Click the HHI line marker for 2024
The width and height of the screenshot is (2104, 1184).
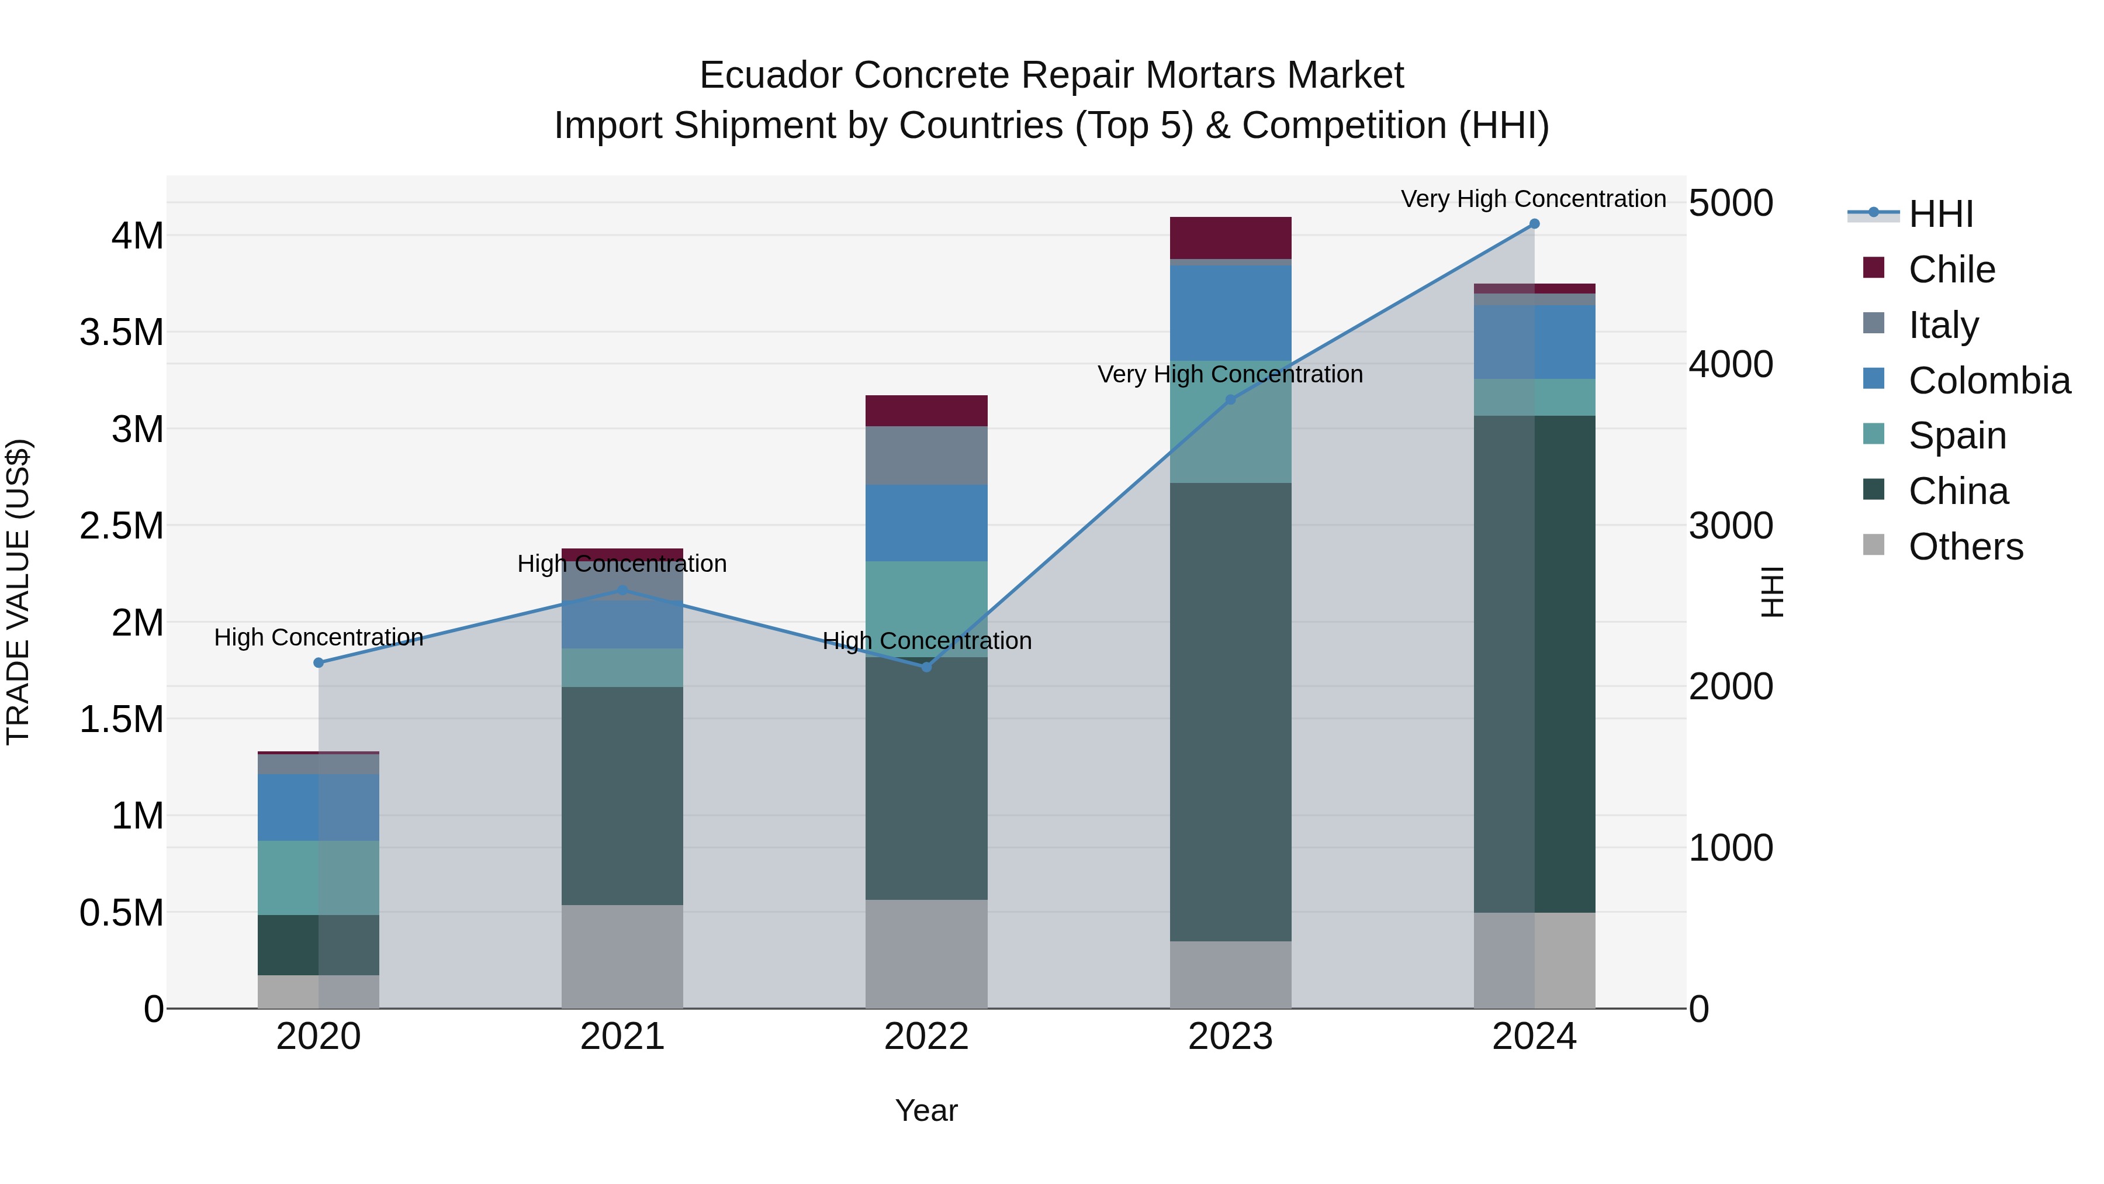1534,224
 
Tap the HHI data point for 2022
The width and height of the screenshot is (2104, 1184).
926,667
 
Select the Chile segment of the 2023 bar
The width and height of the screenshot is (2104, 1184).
1230,238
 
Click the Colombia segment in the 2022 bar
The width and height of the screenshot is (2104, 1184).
926,523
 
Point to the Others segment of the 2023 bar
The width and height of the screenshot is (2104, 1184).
1230,974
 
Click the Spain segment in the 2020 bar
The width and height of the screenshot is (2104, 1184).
319,878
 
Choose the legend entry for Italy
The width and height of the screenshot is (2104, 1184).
1944,325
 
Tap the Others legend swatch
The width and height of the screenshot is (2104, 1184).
1874,545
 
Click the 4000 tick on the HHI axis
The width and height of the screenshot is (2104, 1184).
1730,364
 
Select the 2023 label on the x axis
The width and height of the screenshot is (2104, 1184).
1230,1036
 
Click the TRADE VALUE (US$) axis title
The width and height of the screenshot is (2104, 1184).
18,592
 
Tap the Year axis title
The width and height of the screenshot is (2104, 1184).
926,1110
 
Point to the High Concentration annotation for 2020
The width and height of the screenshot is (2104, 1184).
319,637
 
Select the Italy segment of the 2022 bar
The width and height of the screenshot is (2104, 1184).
926,455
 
